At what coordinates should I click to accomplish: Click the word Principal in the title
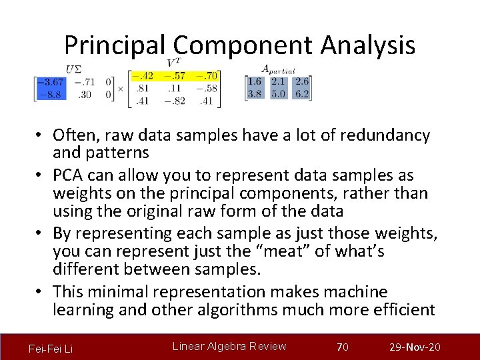click(x=117, y=45)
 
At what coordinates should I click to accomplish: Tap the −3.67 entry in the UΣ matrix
click(x=50, y=82)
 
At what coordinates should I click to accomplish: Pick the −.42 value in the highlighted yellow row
click(x=142, y=75)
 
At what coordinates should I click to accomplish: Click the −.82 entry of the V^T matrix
click(x=175, y=101)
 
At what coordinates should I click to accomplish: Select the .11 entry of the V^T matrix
click(x=175, y=88)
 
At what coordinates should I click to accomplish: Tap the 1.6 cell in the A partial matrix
click(x=254, y=81)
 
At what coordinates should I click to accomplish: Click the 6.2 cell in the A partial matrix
click(x=302, y=94)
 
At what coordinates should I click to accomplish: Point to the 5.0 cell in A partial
click(x=278, y=94)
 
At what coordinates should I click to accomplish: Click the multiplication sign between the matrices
click(x=121, y=88)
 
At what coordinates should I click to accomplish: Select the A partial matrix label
click(x=278, y=69)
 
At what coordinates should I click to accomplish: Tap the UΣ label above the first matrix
click(x=75, y=68)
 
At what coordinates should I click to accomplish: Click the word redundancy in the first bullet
click(x=385, y=135)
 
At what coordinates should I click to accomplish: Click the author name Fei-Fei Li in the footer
click(x=51, y=349)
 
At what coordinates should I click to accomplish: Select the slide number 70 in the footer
click(x=343, y=347)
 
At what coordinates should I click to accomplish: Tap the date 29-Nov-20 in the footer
click(x=415, y=347)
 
